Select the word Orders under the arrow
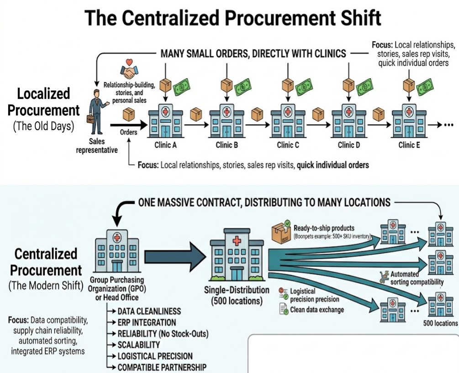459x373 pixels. tap(129, 132)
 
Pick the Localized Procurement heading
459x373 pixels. tap(44, 102)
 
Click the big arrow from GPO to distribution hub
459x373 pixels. tap(173, 254)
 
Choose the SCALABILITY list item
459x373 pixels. tap(138, 345)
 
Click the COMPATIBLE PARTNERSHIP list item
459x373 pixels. tap(161, 367)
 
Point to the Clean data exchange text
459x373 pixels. tap(317, 310)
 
